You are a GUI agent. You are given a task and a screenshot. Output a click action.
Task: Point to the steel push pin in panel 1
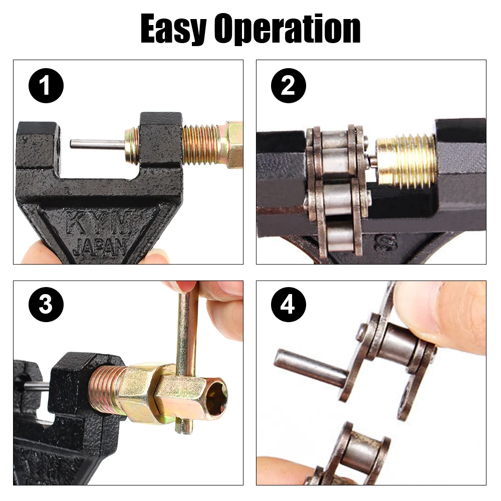point(96,144)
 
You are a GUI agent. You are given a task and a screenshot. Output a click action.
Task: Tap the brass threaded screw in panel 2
point(406,160)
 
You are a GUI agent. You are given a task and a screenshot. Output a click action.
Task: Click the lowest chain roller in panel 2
point(341,238)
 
